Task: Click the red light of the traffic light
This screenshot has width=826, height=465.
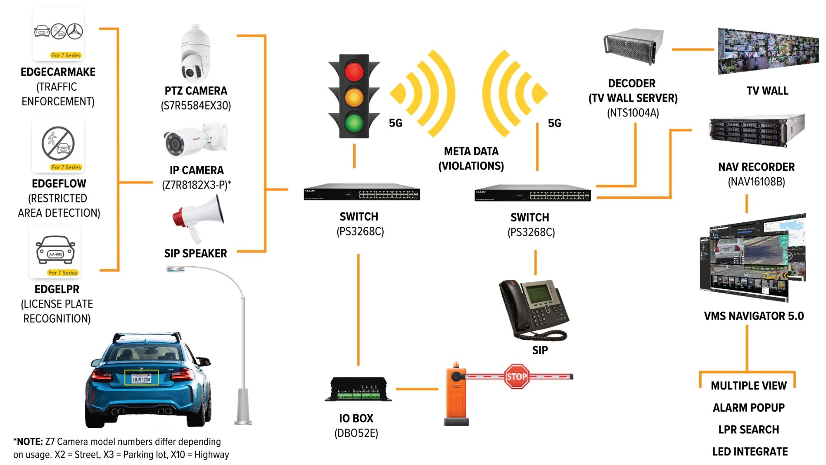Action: tap(354, 72)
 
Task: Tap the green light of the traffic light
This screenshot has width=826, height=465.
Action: tap(354, 122)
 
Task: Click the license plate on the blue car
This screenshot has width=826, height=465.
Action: tap(141, 378)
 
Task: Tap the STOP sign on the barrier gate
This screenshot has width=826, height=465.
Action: tap(517, 376)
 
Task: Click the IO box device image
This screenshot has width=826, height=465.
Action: tap(358, 389)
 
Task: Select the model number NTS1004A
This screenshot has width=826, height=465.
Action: tap(633, 113)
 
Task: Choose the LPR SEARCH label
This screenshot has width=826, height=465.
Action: tap(748, 429)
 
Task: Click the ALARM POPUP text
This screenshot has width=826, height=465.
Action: tap(748, 408)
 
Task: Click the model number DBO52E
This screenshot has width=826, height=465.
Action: tap(356, 433)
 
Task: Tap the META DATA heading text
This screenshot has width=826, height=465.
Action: tap(471, 151)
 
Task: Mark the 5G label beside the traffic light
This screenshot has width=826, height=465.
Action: tap(395, 123)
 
